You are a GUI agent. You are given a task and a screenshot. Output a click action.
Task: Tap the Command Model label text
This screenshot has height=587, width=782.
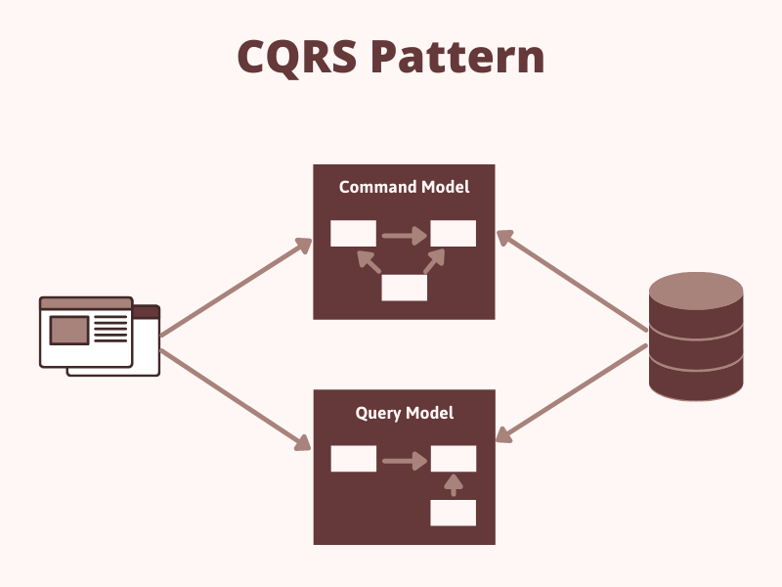click(404, 187)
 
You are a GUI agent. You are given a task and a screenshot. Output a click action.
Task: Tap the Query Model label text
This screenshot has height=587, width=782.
click(404, 413)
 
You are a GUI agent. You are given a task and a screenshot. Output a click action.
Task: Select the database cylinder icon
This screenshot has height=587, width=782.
click(696, 338)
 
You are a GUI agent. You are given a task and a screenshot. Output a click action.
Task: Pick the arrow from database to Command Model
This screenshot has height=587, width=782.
click(572, 287)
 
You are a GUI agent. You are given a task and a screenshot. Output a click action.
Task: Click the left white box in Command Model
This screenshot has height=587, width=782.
click(353, 234)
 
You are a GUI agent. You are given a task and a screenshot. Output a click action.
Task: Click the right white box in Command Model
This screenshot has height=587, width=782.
click(454, 234)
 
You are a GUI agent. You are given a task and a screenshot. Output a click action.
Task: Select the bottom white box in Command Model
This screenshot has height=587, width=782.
click(404, 288)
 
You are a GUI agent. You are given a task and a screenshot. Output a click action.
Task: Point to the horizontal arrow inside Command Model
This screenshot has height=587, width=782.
click(404, 235)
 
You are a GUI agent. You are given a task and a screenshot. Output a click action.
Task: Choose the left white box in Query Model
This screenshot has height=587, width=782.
click(353, 459)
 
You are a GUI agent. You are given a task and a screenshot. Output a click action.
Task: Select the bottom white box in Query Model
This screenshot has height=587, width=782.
click(454, 513)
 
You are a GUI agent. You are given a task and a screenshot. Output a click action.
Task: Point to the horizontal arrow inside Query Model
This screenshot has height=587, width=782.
click(404, 460)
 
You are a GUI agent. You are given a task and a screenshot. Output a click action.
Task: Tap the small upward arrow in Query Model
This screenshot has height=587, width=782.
click(453, 485)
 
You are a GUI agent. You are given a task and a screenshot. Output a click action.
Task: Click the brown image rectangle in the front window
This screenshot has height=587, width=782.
click(69, 330)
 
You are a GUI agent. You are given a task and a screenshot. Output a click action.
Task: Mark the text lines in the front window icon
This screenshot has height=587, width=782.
click(110, 329)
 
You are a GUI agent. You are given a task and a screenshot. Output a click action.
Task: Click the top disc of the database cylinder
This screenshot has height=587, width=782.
click(696, 291)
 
